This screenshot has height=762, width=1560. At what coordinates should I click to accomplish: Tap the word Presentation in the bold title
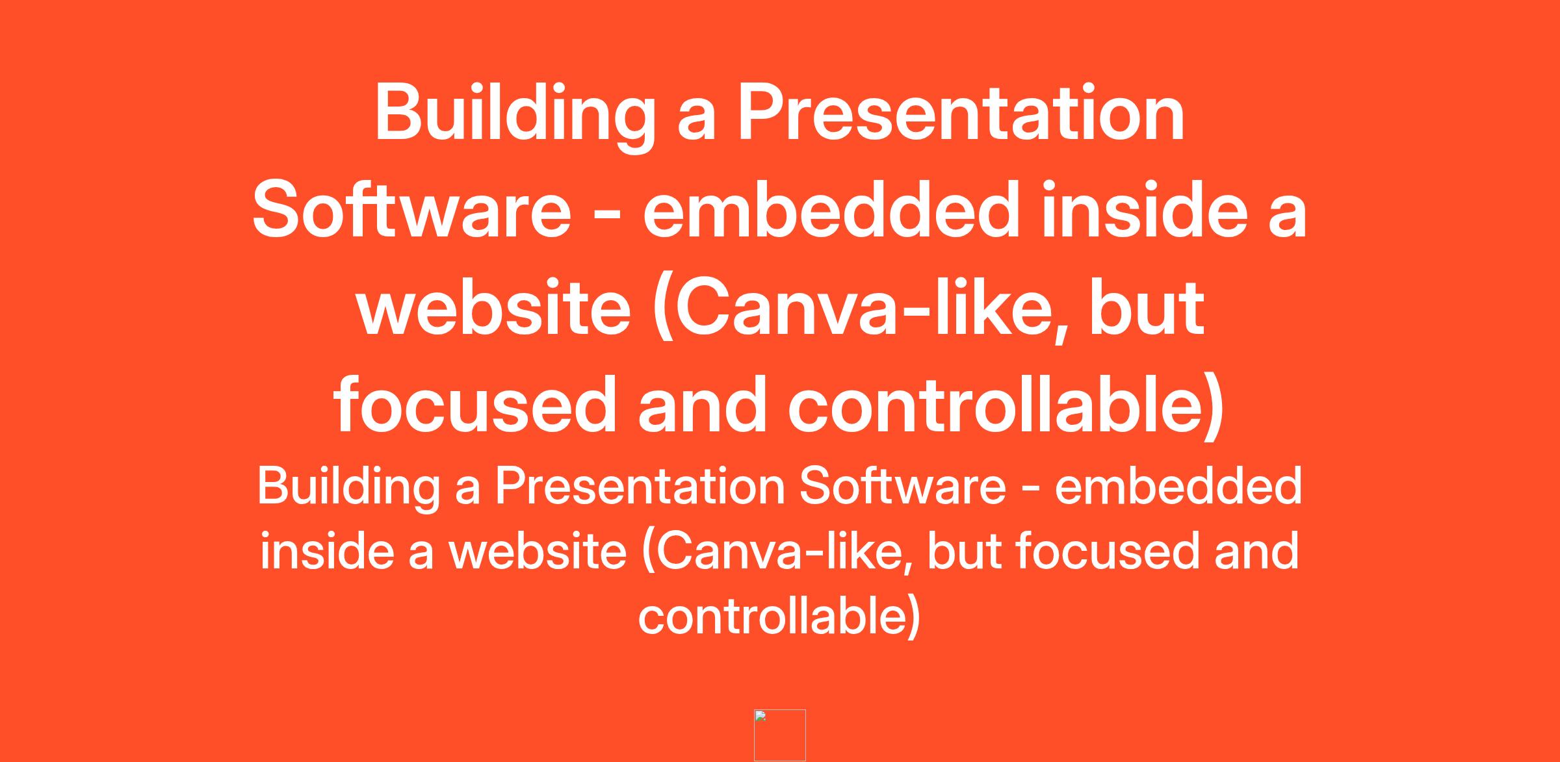961,114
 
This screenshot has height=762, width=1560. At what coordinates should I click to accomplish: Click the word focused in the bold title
474,405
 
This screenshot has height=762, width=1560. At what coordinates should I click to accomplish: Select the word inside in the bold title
1145,210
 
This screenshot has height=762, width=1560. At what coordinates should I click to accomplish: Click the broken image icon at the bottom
780,735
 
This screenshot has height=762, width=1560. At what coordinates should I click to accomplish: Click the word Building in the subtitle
349,487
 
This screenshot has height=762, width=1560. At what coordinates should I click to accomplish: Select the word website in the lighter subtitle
538,551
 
